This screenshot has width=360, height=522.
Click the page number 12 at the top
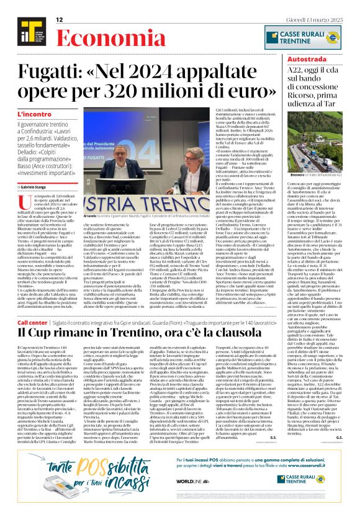[60, 20]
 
